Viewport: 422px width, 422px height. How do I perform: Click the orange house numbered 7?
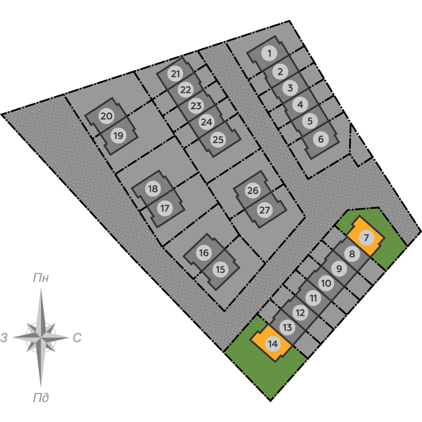366,236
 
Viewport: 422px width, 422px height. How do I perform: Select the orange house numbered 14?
272,344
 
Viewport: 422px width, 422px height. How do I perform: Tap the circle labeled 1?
269,53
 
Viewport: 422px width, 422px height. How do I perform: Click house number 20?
106,116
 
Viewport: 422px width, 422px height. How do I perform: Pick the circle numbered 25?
218,140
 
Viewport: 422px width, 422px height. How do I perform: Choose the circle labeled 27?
265,210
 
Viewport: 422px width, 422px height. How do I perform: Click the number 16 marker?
204,253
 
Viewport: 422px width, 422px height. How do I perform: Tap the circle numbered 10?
326,283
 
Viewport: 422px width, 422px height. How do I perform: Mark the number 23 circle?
196,106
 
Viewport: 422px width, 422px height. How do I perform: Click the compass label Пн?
41,278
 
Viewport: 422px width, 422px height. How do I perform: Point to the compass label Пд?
41,398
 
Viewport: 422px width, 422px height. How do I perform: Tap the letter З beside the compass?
4,338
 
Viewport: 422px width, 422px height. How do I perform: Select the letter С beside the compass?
77,338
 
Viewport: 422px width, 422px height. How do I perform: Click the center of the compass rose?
41,337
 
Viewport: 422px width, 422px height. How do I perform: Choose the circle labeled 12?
300,313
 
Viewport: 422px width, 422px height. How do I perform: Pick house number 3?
290,88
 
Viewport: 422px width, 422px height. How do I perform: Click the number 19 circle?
118,136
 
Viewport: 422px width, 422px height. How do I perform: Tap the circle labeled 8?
352,254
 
